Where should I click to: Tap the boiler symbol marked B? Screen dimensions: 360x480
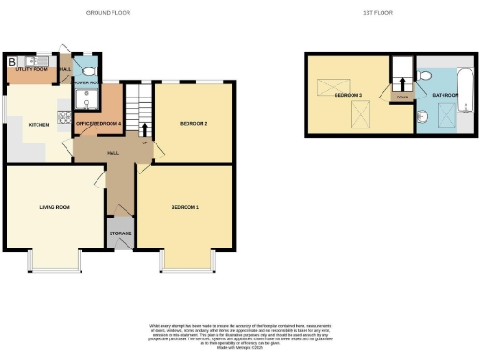coord(12,62)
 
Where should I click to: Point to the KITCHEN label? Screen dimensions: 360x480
coord(38,125)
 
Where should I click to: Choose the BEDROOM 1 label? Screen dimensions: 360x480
coord(184,206)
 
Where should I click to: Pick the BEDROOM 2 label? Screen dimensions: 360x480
coord(192,124)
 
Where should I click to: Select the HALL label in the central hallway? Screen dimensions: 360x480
coord(112,152)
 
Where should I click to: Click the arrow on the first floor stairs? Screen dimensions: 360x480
coord(402,83)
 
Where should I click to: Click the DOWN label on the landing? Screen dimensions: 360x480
coord(402,96)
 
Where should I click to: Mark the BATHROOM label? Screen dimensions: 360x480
coord(444,95)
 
